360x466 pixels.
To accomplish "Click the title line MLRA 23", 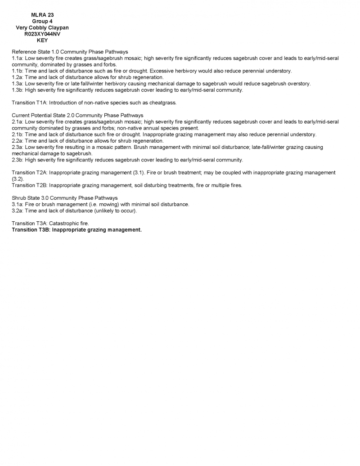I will pyautogui.click(x=42, y=15).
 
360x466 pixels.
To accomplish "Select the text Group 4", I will pyautogui.click(x=42, y=22).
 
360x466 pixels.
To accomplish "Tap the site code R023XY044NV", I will pyautogui.click(x=42, y=34).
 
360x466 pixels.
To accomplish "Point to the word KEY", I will pyautogui.click(x=42, y=40).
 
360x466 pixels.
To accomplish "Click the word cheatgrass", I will pyautogui.click(x=162, y=103).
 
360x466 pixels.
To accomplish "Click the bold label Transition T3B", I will pyautogui.click(x=30, y=230).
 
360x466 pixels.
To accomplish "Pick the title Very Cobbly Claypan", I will pyautogui.click(x=42, y=28).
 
